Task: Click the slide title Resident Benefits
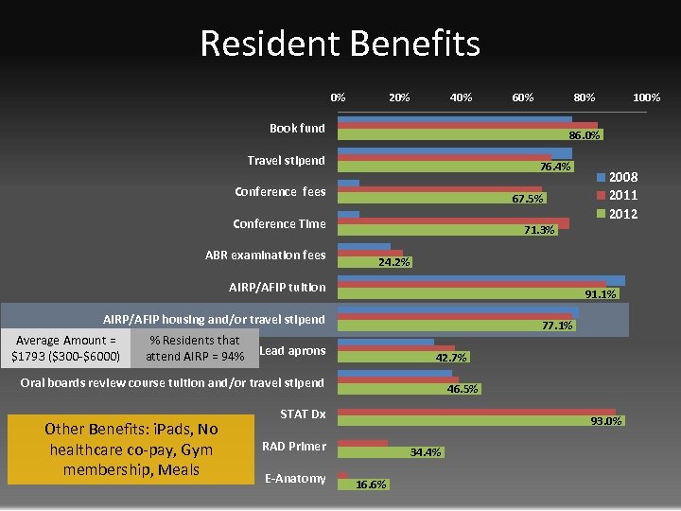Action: (x=340, y=44)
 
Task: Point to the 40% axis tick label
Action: (x=461, y=97)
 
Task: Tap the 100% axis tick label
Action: (x=646, y=97)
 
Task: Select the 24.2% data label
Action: (x=393, y=262)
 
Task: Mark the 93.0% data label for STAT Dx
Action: (x=606, y=421)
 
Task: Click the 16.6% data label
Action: (x=370, y=485)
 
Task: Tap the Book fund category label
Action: (x=297, y=129)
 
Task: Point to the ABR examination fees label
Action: (x=265, y=255)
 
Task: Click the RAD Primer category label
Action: (x=294, y=447)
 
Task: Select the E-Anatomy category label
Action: (x=295, y=479)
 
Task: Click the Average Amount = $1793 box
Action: (x=65, y=348)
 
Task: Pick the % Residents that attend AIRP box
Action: (x=195, y=348)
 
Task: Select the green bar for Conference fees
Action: (x=435, y=199)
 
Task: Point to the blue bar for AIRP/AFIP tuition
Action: (x=482, y=280)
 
